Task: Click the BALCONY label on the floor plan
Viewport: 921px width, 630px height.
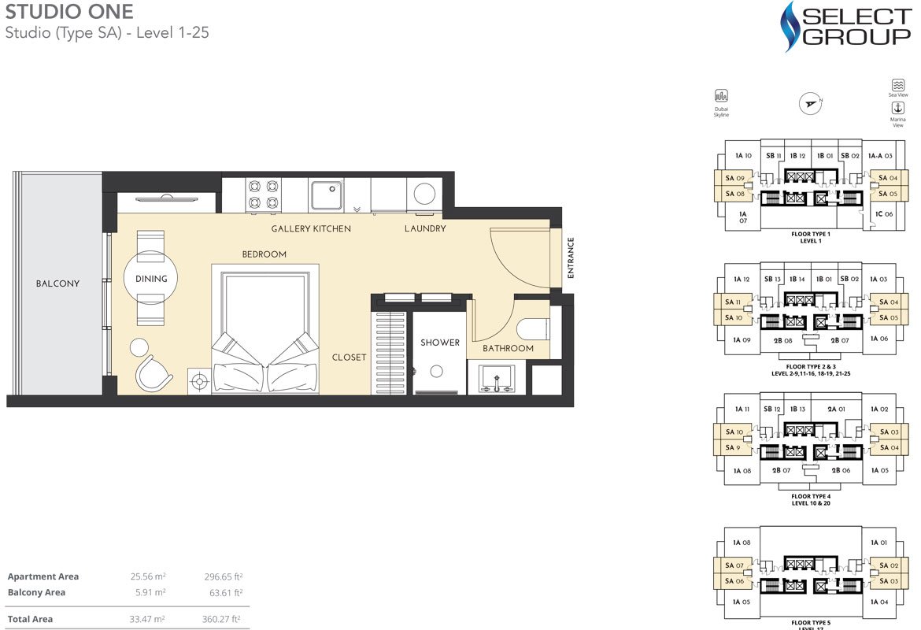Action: [57, 283]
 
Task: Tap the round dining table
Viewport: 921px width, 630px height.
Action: [151, 278]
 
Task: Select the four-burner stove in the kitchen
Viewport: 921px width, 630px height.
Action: [264, 195]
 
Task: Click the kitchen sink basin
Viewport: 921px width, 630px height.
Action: [326, 195]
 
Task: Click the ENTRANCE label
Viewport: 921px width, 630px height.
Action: [571, 258]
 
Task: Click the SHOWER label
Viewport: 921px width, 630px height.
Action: [439, 343]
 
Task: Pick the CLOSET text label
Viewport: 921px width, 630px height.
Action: [349, 358]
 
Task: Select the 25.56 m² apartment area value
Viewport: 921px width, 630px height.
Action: [148, 576]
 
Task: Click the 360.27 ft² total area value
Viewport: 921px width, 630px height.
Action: [222, 619]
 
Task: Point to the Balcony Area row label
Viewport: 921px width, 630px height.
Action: [36, 592]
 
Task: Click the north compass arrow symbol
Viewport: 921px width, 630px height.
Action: [810, 102]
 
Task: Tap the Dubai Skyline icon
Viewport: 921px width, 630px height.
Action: [721, 97]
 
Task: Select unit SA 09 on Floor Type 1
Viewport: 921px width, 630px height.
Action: [734, 179]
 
